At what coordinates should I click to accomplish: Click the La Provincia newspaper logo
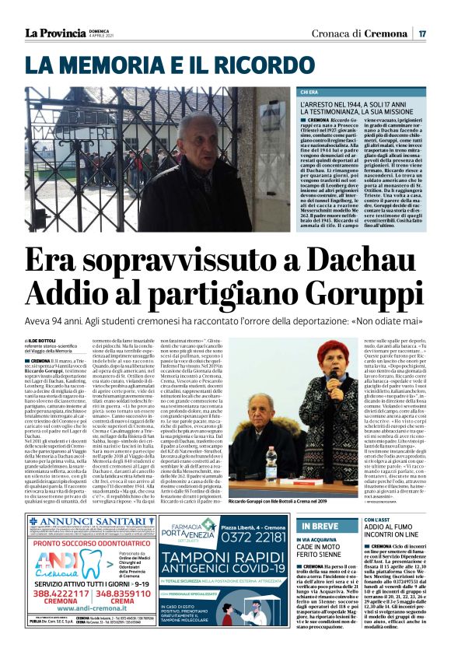[x=55, y=33]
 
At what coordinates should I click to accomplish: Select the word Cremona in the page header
[x=386, y=33]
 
